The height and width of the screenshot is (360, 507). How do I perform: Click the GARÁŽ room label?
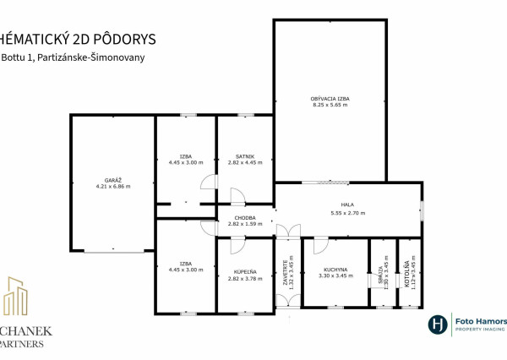[112, 180]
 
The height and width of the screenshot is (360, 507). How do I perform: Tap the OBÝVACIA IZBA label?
[330, 99]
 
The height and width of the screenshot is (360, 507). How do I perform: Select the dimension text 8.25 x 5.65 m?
[330, 106]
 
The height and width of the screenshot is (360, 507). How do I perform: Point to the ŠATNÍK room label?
[245, 156]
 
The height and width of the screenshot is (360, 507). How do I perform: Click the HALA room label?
[347, 204]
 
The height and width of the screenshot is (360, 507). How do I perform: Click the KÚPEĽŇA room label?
[245, 271]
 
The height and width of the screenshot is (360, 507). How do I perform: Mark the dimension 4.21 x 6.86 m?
[112, 187]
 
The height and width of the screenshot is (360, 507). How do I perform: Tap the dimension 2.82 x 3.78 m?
[245, 278]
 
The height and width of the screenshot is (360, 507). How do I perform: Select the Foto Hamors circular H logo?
[437, 325]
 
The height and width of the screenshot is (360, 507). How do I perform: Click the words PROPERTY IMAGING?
[480, 331]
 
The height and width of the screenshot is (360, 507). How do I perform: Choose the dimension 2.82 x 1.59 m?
[245, 226]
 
